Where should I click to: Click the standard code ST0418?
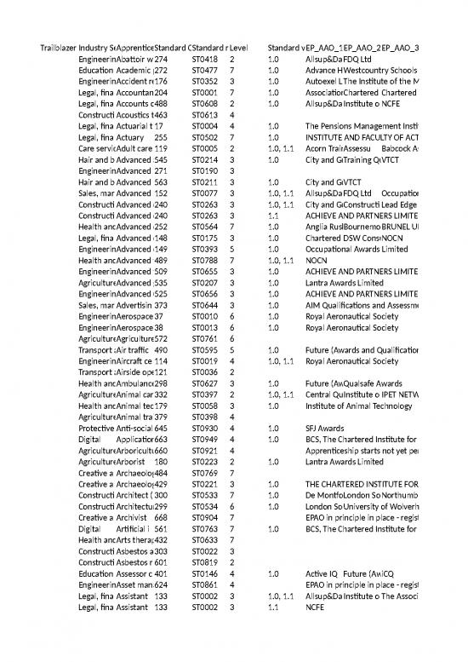coord(205,59)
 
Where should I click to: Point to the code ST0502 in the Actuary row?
coord(205,136)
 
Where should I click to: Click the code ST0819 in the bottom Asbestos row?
coord(205,560)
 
